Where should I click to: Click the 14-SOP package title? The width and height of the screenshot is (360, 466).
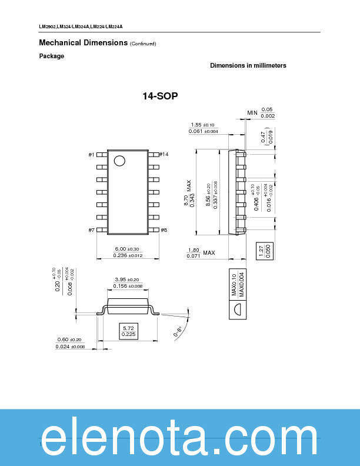tap(160, 96)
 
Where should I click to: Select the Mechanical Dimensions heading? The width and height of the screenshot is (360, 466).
tap(83, 42)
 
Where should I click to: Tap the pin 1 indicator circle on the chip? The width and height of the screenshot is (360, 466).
tap(119, 161)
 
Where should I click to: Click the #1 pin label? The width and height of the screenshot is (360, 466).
tap(91, 155)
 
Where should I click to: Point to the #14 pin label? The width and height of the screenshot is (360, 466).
tap(164, 154)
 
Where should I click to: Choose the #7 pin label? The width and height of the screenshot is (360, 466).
tap(91, 230)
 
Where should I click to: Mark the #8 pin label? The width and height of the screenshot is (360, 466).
tap(164, 230)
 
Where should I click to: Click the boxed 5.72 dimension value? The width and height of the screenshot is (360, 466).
tap(129, 331)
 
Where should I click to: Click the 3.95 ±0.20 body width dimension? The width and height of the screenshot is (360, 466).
tap(127, 279)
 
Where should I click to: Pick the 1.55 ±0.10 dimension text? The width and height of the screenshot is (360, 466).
tap(203, 125)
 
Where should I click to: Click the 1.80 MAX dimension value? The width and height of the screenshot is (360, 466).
tap(194, 250)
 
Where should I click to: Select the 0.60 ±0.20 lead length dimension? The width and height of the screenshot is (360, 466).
tap(69, 339)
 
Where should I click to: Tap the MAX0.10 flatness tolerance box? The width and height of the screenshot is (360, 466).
tap(234, 285)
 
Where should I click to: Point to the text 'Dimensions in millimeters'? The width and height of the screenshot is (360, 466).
tap(248, 66)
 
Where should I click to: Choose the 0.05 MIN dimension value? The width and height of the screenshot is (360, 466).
tap(267, 109)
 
